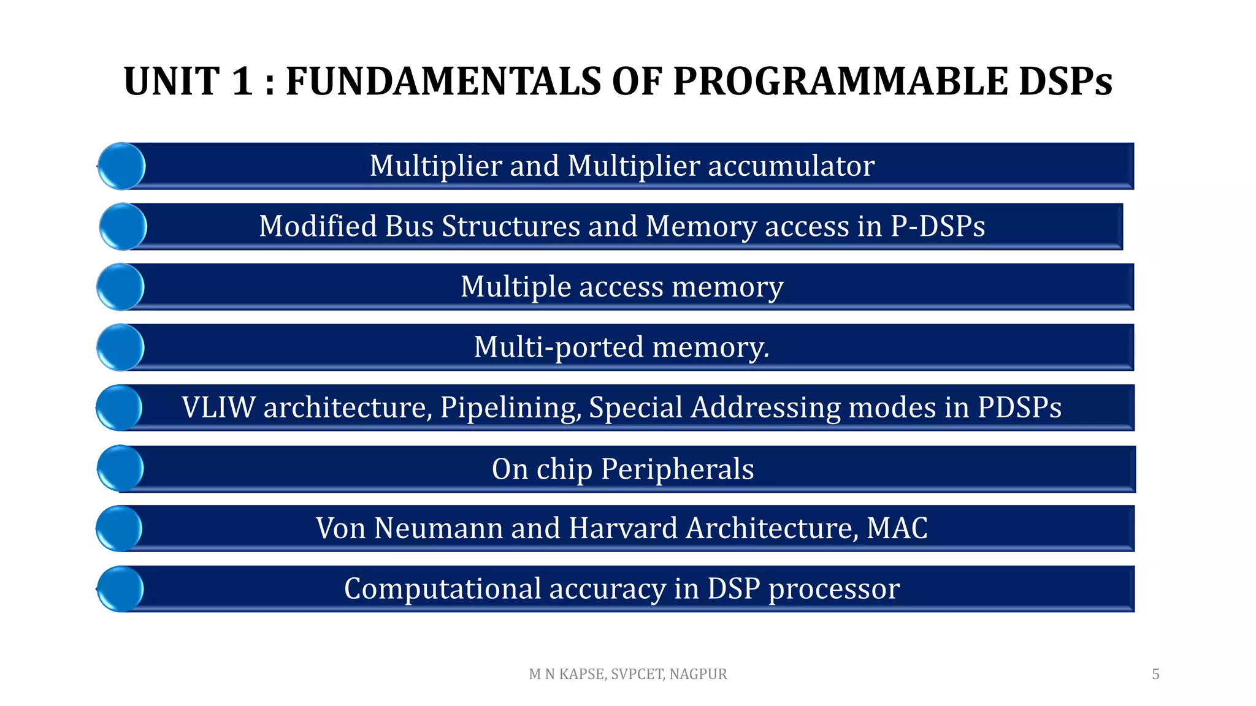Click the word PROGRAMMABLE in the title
click(840, 82)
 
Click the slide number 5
click(1155, 674)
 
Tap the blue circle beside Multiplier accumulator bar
click(121, 166)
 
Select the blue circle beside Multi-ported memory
click(121, 347)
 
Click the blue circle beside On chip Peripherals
click(121, 468)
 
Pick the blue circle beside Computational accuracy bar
click(121, 589)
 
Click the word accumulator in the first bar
click(791, 166)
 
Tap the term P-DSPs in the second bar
click(938, 226)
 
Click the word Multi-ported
click(559, 347)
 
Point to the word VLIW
click(218, 408)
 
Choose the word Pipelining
click(510, 408)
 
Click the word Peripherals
click(677, 469)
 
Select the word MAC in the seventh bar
click(897, 528)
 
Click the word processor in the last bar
click(834, 589)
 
